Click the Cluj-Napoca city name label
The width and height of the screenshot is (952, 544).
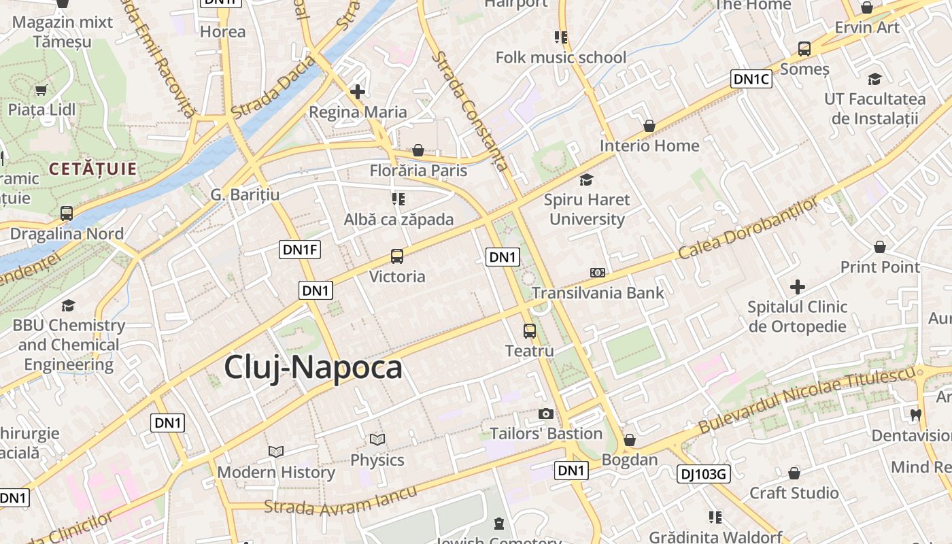[313, 368]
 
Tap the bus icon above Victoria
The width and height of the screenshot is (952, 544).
[397, 256]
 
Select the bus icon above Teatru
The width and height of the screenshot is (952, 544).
[530, 331]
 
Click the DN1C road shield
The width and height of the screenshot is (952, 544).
[751, 80]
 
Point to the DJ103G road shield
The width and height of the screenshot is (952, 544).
[703, 474]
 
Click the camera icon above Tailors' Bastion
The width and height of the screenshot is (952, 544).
[545, 413]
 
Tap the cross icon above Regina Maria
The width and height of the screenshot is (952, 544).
[358, 91]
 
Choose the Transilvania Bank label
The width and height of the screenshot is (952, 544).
[598, 293]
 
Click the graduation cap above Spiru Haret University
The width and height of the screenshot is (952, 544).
[586, 180]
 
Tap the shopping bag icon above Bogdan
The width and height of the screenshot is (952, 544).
[630, 440]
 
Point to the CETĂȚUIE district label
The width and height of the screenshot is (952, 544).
[93, 169]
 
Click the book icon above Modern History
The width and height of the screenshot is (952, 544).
[275, 452]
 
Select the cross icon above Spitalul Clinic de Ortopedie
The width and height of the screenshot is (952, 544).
[798, 287]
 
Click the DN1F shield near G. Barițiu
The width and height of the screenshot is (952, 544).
[300, 250]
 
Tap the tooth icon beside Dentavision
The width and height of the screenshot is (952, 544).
[915, 414]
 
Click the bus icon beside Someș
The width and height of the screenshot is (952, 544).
[804, 49]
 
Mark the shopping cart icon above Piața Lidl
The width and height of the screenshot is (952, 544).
[41, 90]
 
